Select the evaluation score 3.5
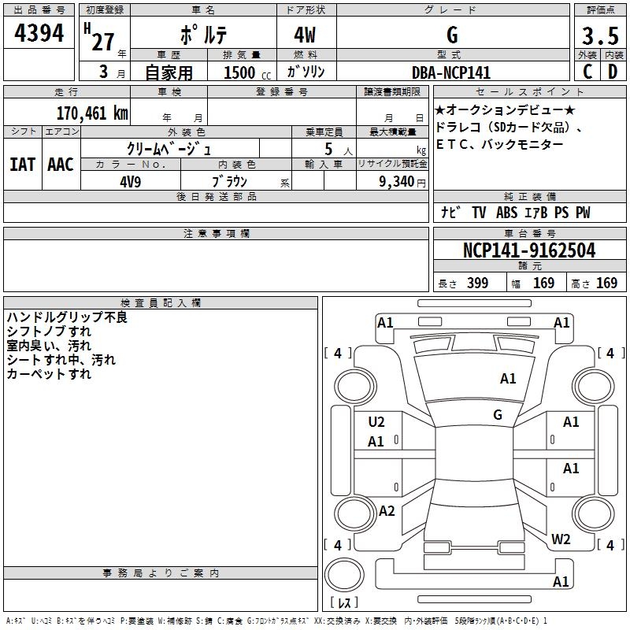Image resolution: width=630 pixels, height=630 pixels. coord(599,37)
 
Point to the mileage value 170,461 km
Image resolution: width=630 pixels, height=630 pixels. coord(92,113)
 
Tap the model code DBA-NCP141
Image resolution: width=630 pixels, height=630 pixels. coord(451,72)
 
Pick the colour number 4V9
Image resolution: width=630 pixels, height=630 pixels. coord(130,180)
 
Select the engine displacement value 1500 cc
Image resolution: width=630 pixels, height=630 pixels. coord(245,72)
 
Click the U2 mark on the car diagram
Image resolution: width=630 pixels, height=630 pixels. coord(376,422)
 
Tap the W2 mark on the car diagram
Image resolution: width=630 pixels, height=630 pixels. coord(561,539)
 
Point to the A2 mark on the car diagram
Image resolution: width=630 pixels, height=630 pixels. coord(387,511)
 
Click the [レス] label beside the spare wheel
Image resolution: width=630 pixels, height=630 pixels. coord(345,603)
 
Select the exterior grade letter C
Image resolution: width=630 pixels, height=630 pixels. coord(587,72)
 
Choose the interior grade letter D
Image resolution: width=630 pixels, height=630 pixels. coord(613,72)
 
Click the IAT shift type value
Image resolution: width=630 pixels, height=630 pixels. coord(23,165)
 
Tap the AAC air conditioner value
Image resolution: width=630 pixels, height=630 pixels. coord(60,165)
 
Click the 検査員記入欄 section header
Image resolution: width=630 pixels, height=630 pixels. coord(161,303)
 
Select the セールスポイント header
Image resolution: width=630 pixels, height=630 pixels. coord(530,92)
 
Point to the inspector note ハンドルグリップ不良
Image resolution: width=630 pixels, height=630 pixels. coord(67,317)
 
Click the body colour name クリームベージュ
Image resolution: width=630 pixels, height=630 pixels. coord(169,148)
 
